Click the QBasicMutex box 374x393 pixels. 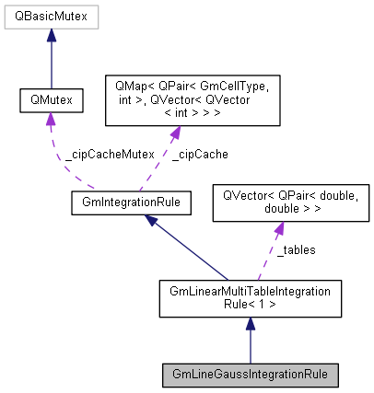[51, 16]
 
